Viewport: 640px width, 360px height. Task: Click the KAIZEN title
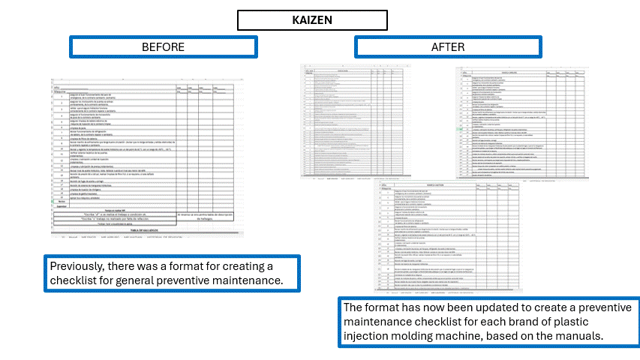[x=312, y=19]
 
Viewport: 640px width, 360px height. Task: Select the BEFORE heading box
[x=163, y=46]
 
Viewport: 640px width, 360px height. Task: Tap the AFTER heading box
[x=447, y=46]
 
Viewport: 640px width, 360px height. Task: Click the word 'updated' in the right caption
[x=485, y=307]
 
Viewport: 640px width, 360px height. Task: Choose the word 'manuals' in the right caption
[x=583, y=334]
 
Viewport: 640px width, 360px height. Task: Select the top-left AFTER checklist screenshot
[x=371, y=121]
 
